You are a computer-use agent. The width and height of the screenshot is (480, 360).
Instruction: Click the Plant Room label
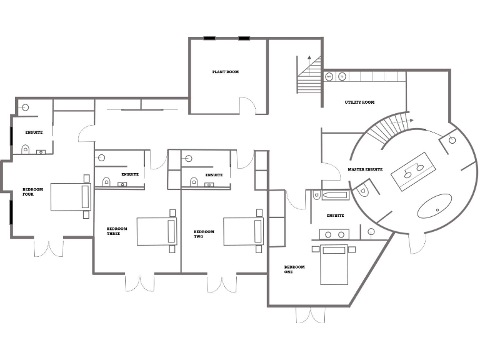click(225, 72)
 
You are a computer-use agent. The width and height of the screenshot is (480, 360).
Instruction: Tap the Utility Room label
click(359, 102)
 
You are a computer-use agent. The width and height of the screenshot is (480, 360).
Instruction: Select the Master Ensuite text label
click(365, 169)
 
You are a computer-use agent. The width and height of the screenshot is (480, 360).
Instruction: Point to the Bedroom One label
click(294, 269)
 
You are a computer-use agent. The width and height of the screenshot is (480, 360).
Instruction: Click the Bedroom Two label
click(204, 234)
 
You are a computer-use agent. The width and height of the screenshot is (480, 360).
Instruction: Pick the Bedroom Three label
click(117, 231)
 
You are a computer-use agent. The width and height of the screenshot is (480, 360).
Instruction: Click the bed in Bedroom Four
click(70, 197)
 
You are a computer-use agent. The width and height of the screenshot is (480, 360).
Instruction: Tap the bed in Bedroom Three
click(156, 231)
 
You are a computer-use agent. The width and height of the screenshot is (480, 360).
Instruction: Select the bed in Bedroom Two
click(242, 231)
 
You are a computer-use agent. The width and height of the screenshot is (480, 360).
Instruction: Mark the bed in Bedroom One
click(334, 264)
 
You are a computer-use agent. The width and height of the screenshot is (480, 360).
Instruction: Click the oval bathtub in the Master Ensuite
click(434, 206)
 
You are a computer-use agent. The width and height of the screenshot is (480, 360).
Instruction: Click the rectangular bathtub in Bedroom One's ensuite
click(331, 195)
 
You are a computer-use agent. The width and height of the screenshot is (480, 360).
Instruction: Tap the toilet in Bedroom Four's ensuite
click(26, 149)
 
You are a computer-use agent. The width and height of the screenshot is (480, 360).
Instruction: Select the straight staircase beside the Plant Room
click(308, 74)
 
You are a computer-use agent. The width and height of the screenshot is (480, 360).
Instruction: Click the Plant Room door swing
click(248, 105)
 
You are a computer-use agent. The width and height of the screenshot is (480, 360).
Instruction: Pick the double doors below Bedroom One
click(311, 315)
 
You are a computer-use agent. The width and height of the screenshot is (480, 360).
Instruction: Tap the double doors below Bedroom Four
click(48, 247)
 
